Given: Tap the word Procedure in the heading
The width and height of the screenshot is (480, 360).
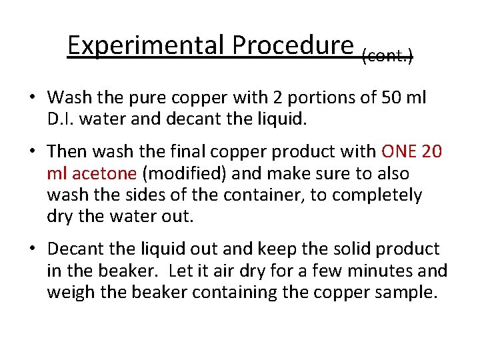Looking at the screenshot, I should [x=293, y=45].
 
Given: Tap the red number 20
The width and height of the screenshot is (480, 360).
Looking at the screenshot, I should [x=432, y=151].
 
